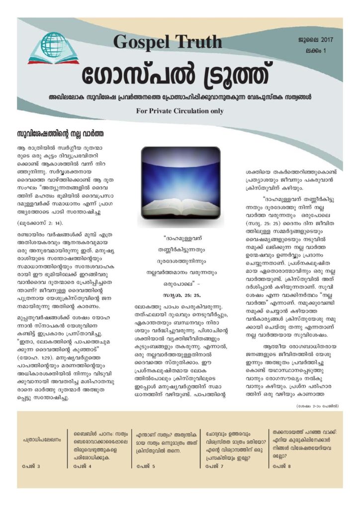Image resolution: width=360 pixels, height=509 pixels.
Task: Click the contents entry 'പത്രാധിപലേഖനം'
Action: tap(42, 440)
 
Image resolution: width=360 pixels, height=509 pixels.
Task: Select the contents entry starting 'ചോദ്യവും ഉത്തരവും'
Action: tap(232, 440)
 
